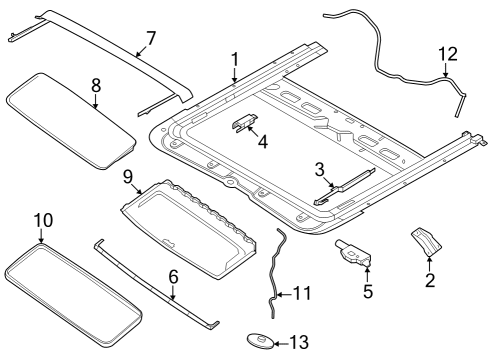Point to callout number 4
263,143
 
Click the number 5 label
366,292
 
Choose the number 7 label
150,38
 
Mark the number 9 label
129,177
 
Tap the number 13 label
300,343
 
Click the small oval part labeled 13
260,343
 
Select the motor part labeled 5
352,255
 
